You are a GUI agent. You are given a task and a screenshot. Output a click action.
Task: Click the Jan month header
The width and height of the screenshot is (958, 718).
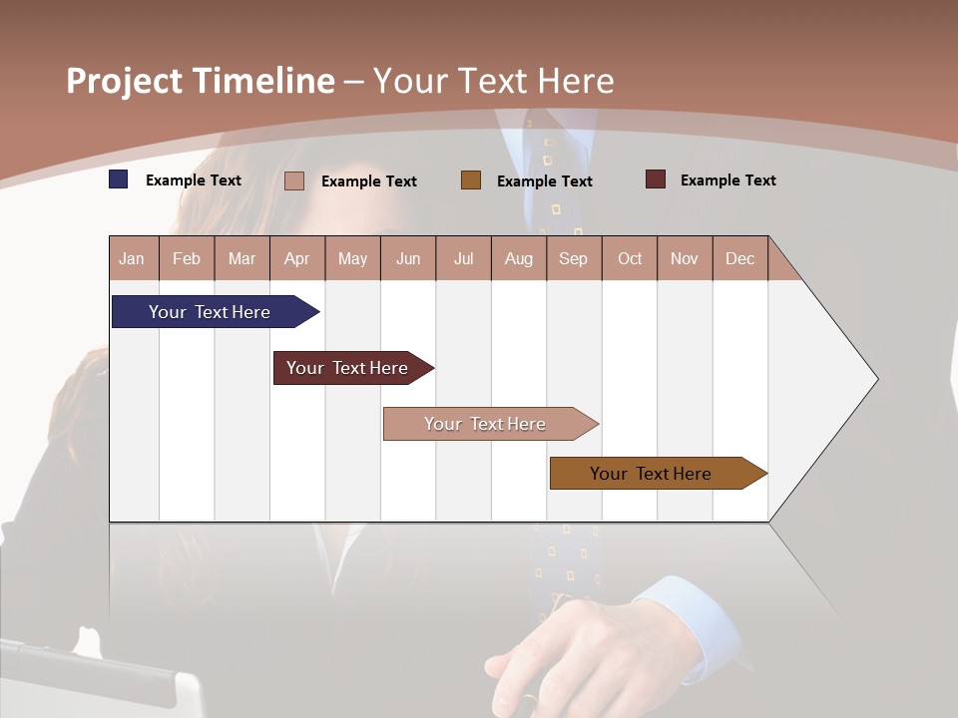[132, 258]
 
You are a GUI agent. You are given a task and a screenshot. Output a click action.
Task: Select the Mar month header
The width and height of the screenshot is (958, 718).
[241, 258]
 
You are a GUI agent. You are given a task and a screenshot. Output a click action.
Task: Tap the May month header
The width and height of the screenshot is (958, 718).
[352, 258]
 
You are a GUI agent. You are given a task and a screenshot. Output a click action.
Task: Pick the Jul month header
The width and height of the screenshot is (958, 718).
[463, 258]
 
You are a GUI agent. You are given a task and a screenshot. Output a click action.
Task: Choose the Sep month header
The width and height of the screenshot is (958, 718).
[573, 258]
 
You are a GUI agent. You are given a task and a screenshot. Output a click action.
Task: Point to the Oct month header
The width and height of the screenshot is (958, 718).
[630, 258]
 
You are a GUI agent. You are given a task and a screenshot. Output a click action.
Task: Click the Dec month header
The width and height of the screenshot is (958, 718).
[739, 258]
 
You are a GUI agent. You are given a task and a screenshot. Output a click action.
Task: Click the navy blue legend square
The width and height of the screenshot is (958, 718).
[119, 179]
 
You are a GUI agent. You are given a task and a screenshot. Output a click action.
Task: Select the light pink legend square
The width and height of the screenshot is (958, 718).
[294, 180]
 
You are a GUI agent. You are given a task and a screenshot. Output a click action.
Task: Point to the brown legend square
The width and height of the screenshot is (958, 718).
[471, 180]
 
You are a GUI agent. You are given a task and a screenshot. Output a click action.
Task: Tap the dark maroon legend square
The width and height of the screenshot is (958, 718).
[655, 179]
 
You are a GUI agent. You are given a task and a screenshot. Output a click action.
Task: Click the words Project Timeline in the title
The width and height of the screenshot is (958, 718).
[201, 81]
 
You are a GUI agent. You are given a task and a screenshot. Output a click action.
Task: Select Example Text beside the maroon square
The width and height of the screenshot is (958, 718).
[727, 180]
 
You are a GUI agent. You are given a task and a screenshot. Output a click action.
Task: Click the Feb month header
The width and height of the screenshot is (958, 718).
[187, 258]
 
